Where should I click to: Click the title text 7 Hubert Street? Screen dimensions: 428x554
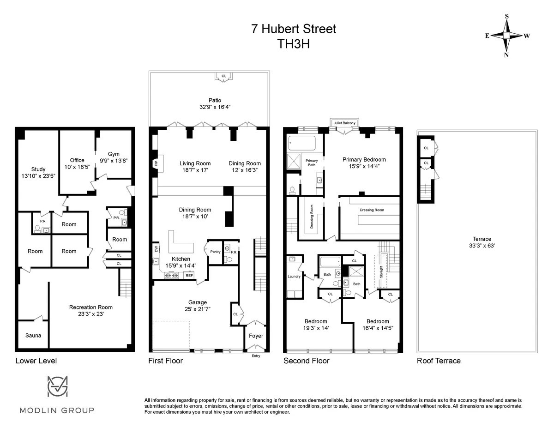294,29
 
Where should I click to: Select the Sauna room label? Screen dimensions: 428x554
33,335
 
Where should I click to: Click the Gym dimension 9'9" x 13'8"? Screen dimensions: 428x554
114,161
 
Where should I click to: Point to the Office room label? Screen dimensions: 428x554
77,160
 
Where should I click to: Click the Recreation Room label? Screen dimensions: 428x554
90,307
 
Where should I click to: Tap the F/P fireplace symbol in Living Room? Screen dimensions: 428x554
155,163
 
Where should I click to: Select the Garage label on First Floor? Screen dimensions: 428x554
197,303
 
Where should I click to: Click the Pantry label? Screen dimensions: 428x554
215,252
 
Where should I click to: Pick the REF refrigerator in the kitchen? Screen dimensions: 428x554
188,275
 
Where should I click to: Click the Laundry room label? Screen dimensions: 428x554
294,277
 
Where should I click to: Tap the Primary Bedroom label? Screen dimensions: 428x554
364,160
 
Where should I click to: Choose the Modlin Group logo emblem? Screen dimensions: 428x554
57,387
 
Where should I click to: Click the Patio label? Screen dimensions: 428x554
215,100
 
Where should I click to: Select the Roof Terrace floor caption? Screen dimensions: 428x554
439,361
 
